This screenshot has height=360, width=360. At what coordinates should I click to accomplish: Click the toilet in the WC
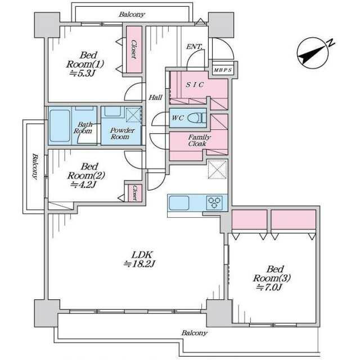click(197, 118)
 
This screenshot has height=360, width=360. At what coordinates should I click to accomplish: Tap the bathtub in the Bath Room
click(60, 126)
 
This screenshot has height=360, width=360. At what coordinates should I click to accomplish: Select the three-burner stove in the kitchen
click(214, 202)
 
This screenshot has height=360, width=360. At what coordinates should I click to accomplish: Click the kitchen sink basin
click(179, 202)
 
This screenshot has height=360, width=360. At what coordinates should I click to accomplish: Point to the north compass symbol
click(313, 53)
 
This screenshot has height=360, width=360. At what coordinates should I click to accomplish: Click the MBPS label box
click(223, 70)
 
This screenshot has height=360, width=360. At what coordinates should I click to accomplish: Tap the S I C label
click(195, 85)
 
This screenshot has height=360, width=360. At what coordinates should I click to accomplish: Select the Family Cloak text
click(199, 141)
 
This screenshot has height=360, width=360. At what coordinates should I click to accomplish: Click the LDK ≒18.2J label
click(139, 259)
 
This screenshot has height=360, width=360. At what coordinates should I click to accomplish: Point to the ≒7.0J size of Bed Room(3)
click(269, 287)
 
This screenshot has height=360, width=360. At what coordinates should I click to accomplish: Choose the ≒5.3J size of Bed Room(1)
click(82, 73)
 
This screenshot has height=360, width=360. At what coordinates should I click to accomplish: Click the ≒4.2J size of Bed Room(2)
click(83, 184)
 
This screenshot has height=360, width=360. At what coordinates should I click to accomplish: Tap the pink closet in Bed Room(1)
click(134, 49)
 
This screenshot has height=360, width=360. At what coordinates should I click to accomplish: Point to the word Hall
click(155, 97)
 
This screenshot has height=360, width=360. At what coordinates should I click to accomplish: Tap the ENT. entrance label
click(194, 47)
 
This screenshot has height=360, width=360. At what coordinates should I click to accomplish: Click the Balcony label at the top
click(132, 15)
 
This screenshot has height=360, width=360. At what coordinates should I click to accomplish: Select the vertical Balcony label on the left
click(35, 166)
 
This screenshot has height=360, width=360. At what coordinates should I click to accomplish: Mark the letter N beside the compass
click(331, 43)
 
